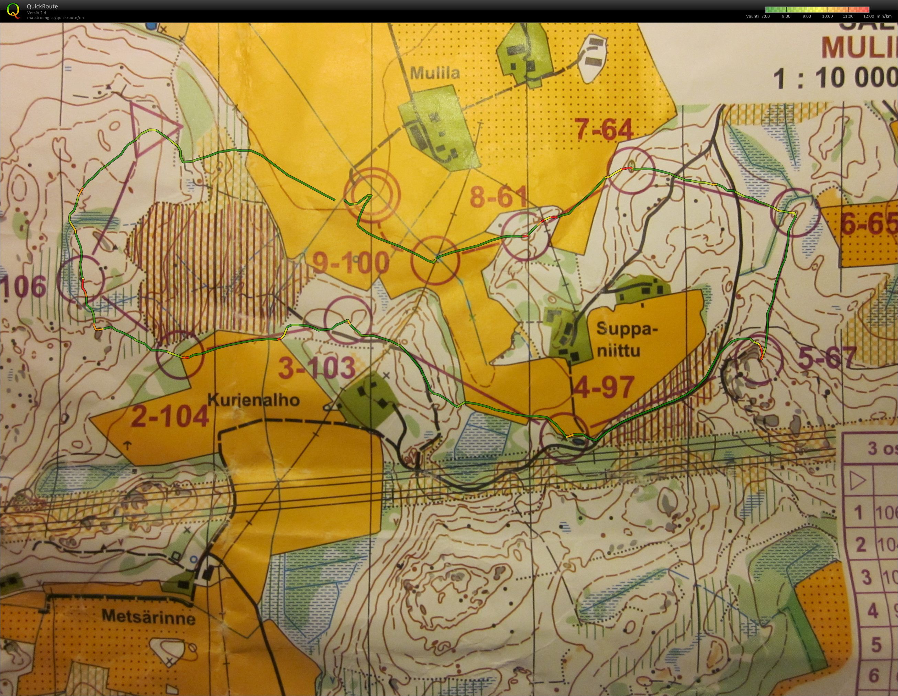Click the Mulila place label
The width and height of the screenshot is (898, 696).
click(x=435, y=74)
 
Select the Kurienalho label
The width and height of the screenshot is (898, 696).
click(x=254, y=400)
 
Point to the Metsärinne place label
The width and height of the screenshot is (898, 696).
click(x=148, y=616)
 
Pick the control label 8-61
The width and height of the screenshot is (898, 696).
click(x=498, y=197)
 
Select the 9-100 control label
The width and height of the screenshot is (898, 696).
click(x=351, y=263)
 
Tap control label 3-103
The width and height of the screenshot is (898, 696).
click(x=317, y=367)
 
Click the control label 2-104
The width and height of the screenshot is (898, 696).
click(x=170, y=417)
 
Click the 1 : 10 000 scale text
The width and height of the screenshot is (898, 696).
click(x=835, y=79)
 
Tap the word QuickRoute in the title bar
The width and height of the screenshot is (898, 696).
click(x=42, y=6)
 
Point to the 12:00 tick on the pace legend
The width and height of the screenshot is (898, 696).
click(x=868, y=16)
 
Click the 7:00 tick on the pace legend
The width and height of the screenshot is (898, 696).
click(x=766, y=16)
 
